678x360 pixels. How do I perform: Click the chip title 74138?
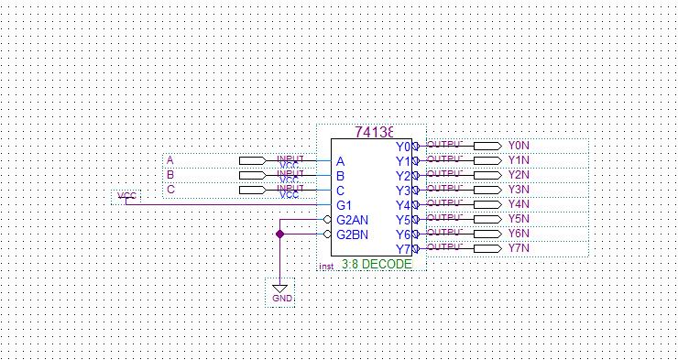point(375,132)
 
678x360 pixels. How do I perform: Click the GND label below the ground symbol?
point(282,299)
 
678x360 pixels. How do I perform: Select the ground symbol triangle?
point(280,288)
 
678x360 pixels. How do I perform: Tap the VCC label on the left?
point(126,196)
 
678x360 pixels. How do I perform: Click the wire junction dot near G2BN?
point(280,235)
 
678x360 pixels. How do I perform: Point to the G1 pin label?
point(344,205)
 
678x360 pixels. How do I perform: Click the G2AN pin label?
point(352,220)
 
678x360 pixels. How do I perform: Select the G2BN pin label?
point(352,235)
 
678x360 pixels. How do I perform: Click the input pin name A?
point(170,161)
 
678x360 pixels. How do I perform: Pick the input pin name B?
point(170,175)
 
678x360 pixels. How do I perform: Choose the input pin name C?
point(170,190)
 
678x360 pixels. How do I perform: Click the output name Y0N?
point(519,146)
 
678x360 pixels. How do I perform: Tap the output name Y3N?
point(519,190)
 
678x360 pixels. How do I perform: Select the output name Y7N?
point(519,248)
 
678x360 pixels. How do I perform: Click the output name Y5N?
point(519,219)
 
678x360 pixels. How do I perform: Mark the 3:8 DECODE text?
point(377,264)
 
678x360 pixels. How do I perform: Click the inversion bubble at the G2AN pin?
point(327,220)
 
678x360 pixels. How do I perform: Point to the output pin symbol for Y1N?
point(486,160)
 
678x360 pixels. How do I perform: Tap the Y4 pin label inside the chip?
point(403,205)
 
